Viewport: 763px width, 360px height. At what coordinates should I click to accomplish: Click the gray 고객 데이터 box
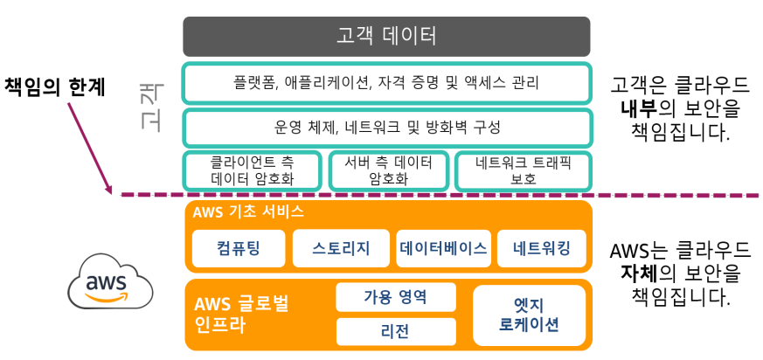click(386, 37)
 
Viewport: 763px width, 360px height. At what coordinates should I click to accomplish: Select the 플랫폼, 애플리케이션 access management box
click(386, 84)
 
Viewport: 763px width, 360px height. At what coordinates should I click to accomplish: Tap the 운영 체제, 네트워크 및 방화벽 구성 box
click(386, 128)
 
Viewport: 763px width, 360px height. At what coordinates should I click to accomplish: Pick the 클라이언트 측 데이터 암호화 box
click(252, 170)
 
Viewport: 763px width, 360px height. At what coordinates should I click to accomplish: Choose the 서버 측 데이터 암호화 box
click(389, 170)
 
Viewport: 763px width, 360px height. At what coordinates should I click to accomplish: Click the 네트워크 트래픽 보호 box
click(523, 170)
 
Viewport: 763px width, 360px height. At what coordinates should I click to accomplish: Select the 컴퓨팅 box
click(238, 249)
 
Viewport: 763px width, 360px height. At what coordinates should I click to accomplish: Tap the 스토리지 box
click(341, 249)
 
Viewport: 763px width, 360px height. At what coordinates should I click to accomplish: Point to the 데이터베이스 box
click(442, 249)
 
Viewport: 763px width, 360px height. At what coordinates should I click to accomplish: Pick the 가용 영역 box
click(395, 297)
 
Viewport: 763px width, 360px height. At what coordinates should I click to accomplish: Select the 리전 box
click(395, 331)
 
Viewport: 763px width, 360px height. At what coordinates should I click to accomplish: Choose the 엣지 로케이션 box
click(529, 315)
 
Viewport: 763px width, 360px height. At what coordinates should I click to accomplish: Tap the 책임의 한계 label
click(55, 87)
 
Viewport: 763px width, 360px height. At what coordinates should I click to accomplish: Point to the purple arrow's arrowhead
click(109, 189)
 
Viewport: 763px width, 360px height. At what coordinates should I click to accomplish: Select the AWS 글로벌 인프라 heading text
click(241, 315)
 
